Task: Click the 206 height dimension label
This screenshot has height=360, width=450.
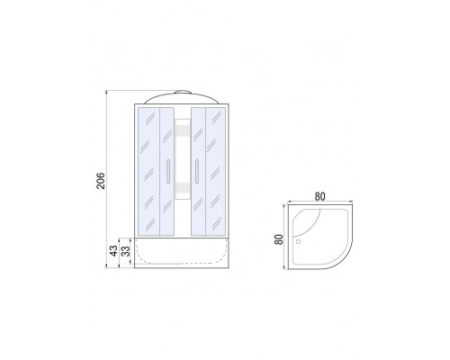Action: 102,181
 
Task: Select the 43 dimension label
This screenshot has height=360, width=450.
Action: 113,251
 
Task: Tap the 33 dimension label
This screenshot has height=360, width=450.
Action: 127,251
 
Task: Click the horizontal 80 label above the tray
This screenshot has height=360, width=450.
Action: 319,196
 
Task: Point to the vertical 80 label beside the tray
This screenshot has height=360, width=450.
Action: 279,239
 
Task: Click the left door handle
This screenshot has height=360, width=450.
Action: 168,171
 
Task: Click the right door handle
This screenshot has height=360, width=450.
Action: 197,171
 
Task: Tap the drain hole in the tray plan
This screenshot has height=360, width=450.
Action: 298,241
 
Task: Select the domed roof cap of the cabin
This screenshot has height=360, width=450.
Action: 182,97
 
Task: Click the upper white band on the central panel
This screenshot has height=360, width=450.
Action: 183,130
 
